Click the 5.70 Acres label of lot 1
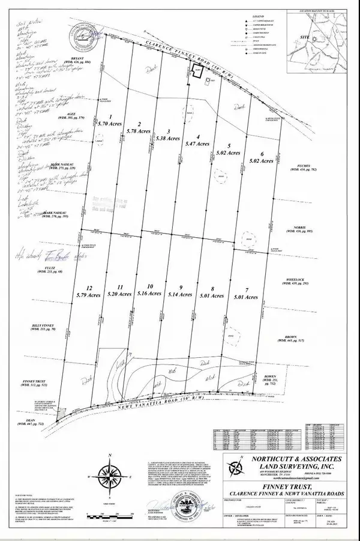point(110,121)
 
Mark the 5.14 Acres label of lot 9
point(181,295)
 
